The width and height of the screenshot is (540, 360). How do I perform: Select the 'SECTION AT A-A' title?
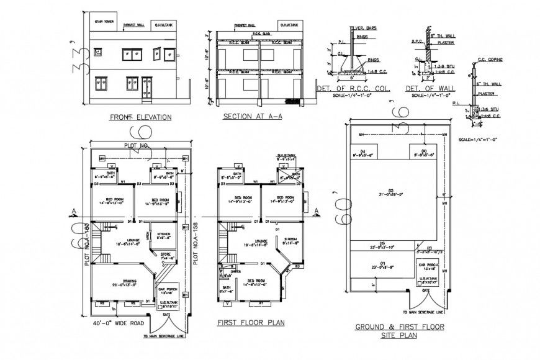(248, 117)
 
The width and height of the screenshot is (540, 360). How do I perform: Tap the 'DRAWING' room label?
(122, 281)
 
